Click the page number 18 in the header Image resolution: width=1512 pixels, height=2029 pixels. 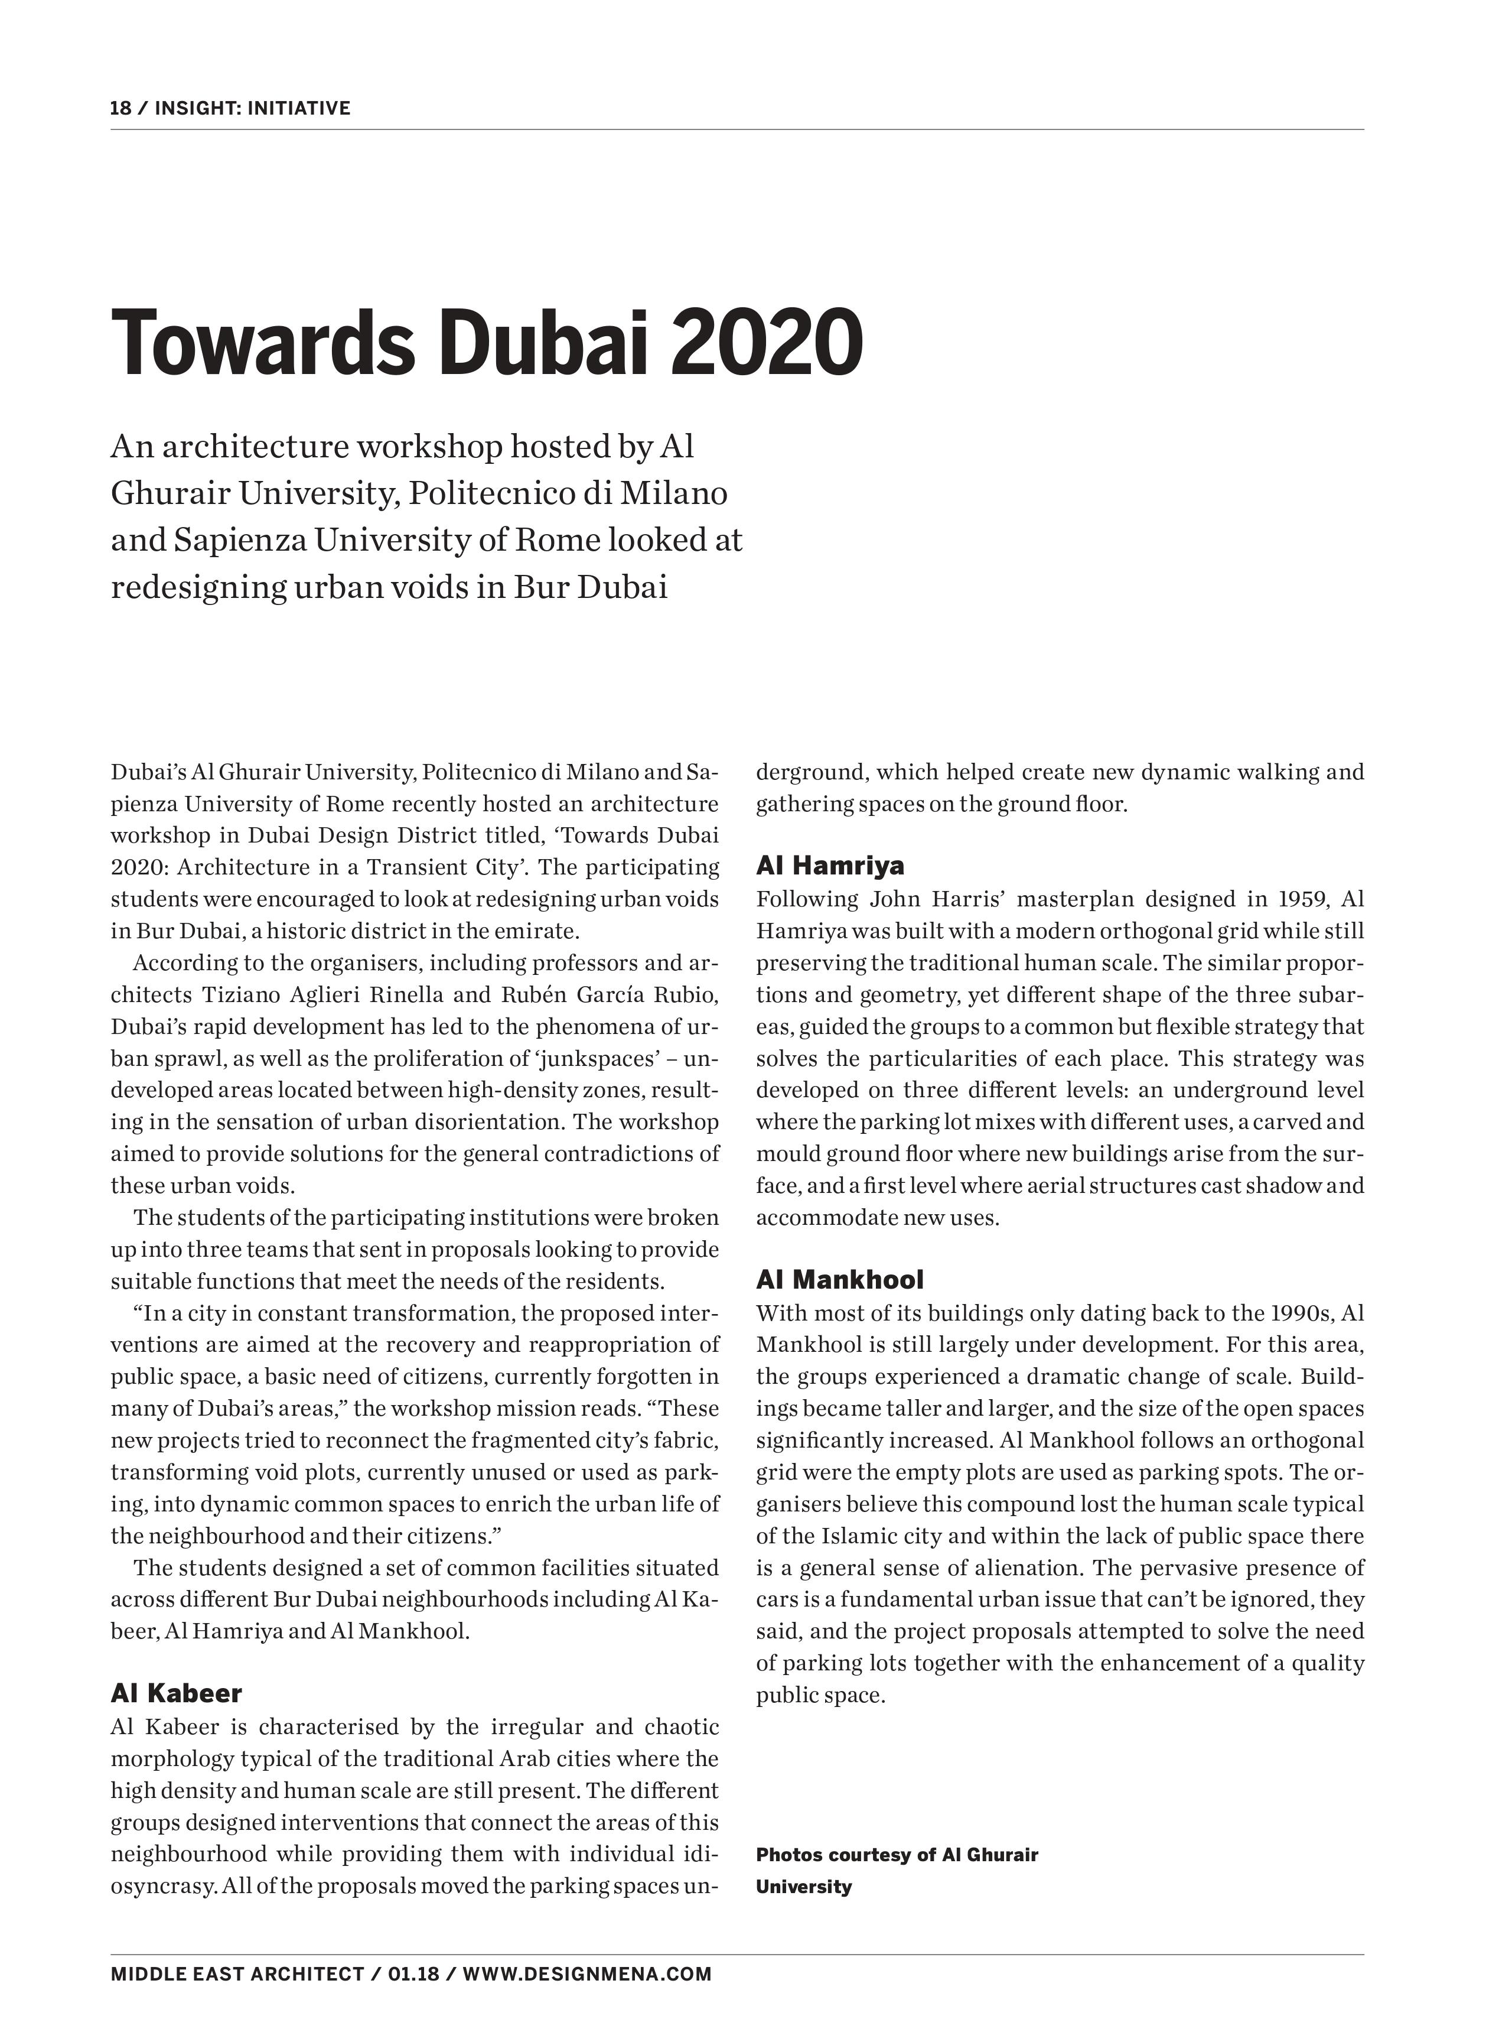click(x=120, y=108)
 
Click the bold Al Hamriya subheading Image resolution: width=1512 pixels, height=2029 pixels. click(x=830, y=865)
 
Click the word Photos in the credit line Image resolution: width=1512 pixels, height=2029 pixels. click(x=789, y=1855)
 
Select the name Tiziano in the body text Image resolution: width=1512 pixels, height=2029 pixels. click(x=242, y=995)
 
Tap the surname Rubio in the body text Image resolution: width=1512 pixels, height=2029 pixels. click(x=686, y=995)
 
